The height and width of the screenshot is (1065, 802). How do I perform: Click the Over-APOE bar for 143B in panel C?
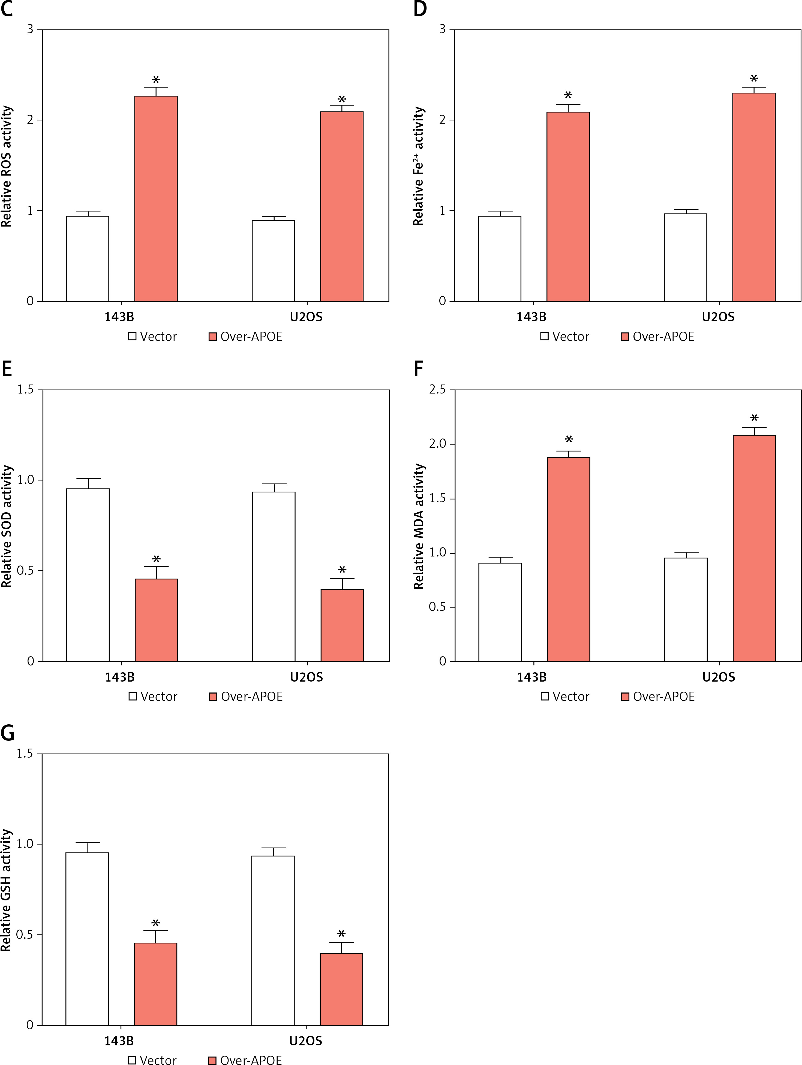pos(156,198)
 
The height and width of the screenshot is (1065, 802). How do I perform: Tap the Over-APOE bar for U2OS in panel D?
pos(753,197)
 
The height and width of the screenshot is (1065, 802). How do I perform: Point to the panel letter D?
pos(420,9)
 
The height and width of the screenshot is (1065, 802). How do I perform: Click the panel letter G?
pos(7,733)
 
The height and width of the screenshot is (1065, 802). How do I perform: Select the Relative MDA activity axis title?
pos(419,526)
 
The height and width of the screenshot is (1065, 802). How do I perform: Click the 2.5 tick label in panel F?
pos(437,389)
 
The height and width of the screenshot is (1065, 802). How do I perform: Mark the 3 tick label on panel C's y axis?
pos(30,29)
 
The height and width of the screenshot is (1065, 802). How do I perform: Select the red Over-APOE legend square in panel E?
pos(213,696)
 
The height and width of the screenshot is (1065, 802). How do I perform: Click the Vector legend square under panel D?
pos(544,337)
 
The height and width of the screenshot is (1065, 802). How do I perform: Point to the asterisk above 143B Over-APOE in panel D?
pos(568,95)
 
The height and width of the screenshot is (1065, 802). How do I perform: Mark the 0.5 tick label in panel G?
pos(25,934)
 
